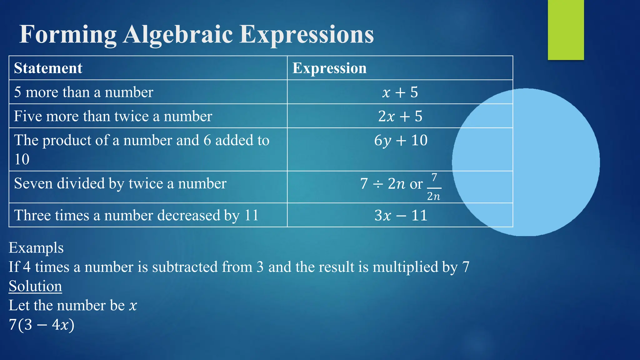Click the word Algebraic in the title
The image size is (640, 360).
tap(177, 34)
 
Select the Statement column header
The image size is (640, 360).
tap(48, 68)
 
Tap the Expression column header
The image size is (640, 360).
tap(329, 68)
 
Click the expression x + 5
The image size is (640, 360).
tap(400, 92)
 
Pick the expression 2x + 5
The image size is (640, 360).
tap(400, 116)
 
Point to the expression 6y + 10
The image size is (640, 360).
tap(401, 140)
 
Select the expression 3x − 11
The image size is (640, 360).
tap(401, 215)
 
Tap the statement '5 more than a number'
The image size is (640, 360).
tap(84, 92)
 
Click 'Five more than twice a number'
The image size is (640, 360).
tap(113, 116)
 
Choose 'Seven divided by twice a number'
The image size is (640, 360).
tap(120, 183)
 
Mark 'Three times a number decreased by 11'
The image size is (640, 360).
tap(136, 215)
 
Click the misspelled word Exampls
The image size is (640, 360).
tap(36, 248)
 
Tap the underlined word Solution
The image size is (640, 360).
tap(35, 286)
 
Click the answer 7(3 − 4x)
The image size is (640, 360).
tap(42, 325)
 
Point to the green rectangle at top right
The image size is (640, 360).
tap(566, 30)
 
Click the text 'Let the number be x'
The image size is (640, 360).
tap(73, 305)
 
